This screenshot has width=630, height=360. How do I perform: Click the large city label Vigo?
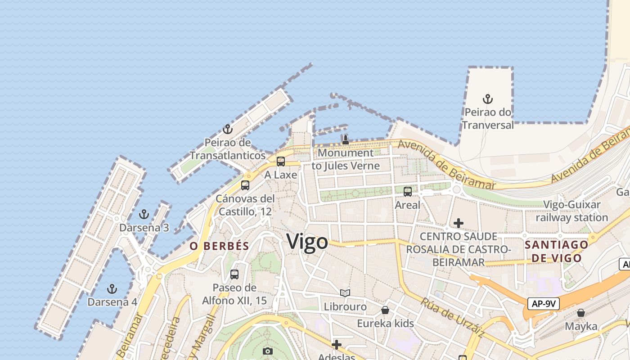[x=307, y=242]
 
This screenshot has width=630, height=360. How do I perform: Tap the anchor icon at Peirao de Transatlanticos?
[x=228, y=129]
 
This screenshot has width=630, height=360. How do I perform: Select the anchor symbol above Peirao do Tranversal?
[x=488, y=99]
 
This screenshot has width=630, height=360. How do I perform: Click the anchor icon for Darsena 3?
[x=144, y=214]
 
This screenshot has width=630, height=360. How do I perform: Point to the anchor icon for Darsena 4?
[x=112, y=288]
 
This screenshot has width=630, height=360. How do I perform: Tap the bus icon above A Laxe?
[x=281, y=161]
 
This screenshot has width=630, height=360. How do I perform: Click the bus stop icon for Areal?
[x=408, y=191]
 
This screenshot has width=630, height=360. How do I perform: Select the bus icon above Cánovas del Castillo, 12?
[x=245, y=185]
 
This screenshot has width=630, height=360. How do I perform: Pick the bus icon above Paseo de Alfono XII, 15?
[x=234, y=274]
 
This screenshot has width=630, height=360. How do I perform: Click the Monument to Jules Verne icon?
[x=345, y=139]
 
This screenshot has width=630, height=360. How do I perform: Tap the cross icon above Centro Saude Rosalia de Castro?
[x=459, y=223]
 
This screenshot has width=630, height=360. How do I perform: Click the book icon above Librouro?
[x=345, y=293]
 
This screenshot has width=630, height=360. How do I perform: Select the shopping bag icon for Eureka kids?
[x=385, y=310]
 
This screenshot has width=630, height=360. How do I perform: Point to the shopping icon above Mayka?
[x=581, y=313]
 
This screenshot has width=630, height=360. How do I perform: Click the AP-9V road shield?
[x=544, y=304]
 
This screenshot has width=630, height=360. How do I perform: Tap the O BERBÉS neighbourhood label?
[x=219, y=246]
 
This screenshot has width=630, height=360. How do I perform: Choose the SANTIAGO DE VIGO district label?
[x=557, y=251]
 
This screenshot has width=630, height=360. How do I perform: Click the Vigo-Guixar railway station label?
[x=571, y=211]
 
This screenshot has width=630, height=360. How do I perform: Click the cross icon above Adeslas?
[x=336, y=345]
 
